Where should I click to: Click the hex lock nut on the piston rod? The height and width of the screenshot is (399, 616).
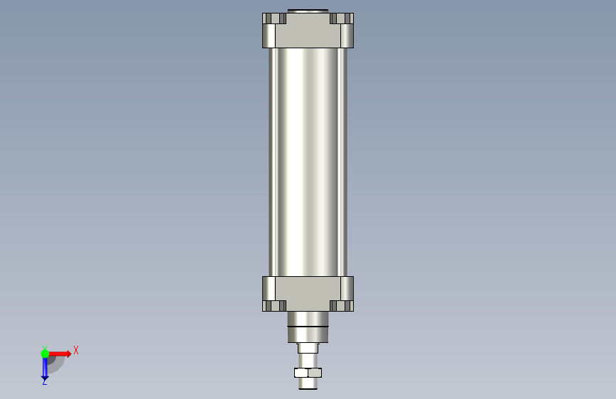tap(308, 372)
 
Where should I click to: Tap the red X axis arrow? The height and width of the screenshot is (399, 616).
tap(60, 354)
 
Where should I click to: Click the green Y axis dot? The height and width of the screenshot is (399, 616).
tap(45, 354)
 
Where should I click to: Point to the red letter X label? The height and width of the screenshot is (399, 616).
tap(76, 350)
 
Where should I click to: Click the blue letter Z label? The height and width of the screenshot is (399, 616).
tap(45, 381)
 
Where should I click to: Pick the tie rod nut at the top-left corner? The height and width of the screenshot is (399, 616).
tap(274, 18)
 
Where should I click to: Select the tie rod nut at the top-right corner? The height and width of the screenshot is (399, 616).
tap(342, 18)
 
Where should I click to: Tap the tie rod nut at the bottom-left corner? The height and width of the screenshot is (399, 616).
tap(274, 306)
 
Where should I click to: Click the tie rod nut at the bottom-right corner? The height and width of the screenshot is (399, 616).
tap(342, 306)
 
